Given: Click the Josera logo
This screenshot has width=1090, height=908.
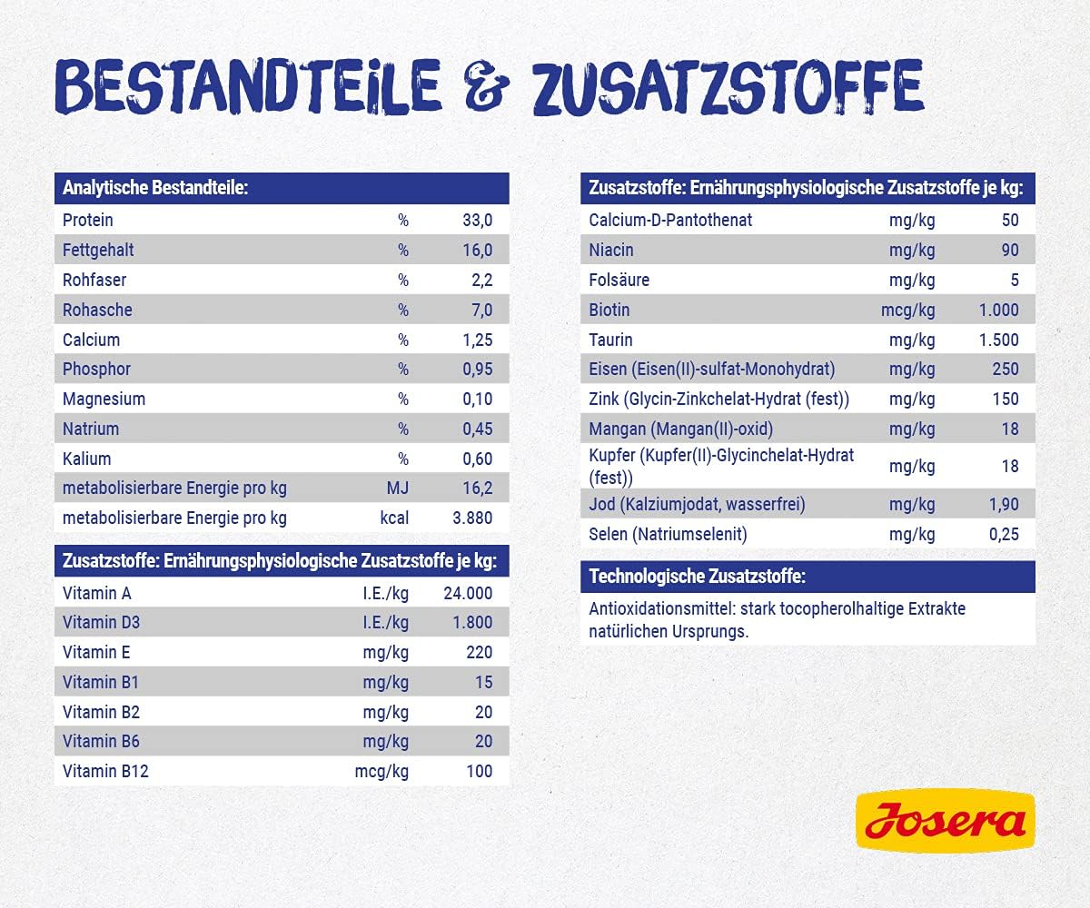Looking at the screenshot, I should coord(945,820).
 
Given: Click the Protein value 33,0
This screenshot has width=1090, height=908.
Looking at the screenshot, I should coord(476,220).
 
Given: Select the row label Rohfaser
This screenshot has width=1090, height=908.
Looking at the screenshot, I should coord(94,280).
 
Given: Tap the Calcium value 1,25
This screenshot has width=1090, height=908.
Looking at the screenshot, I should coord(476,340).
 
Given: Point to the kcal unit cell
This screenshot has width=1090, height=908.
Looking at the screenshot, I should coord(393,518).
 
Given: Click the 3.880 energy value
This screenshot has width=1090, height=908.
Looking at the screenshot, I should coord(471,518).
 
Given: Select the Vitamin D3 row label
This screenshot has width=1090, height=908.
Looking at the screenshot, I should coord(102,623).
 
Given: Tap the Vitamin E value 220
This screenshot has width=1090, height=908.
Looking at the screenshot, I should coord(478,652).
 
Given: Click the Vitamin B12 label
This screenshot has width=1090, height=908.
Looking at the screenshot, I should coord(105,772).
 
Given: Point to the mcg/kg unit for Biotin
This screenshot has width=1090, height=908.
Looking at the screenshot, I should coord(907,310).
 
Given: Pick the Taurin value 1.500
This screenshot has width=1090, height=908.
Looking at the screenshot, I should coord(998,340).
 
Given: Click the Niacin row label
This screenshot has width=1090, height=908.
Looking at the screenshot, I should coord(611,250).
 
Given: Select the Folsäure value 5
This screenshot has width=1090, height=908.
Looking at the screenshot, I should coord(1015,280).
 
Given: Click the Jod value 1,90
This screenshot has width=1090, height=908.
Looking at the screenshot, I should coord(1004,504).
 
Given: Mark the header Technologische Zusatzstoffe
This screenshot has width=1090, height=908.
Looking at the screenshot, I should coord(697,577).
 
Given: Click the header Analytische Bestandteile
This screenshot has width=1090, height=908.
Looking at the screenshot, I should coord(155,189).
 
